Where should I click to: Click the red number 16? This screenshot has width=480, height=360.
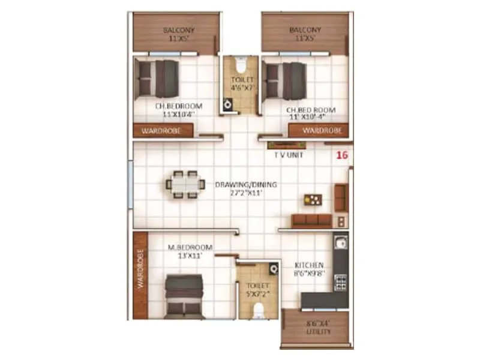tap(343, 155)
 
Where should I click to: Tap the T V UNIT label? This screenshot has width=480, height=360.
tap(288, 154)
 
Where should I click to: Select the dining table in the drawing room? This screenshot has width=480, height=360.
tap(184, 184)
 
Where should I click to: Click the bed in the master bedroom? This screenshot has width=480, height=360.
tap(184, 295)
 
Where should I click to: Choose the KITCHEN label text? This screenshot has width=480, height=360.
tap(309, 265)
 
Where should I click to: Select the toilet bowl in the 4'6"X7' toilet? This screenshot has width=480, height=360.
tap(240, 64)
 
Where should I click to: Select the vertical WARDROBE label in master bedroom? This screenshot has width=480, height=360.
tap(141, 269)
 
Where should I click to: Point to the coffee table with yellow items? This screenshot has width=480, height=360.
tap(311, 200)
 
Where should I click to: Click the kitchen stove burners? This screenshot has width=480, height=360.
tap(340, 280)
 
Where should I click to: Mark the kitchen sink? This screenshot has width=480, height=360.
tap(340, 244)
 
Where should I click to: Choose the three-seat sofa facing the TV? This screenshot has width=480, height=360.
tap(311, 220)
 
